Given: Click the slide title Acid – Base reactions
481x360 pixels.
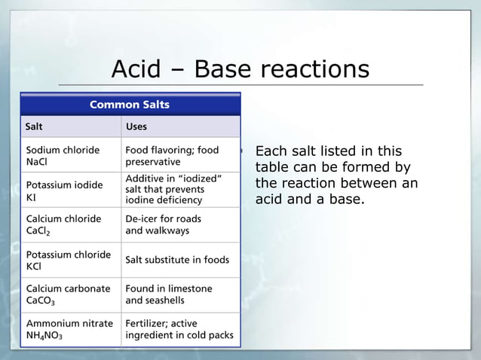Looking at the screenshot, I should pos(240,69).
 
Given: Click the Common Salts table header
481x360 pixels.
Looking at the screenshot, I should pos(130,105).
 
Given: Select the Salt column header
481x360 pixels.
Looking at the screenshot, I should pos(35,127).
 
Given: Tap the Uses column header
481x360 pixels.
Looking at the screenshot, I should pos(136,127).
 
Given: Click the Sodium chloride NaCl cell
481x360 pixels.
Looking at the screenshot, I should pos(63,156).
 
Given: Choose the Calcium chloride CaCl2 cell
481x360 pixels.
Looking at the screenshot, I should pos(63,225).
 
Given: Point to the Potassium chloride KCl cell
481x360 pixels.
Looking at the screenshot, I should pos(68,260).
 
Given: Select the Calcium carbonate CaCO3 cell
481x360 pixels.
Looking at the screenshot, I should pos(68,294).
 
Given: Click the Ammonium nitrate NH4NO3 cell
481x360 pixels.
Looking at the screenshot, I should pos(69,329).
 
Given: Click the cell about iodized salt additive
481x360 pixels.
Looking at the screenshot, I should pos(173,189).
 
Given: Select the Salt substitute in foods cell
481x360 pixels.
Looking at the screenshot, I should pos(177,260).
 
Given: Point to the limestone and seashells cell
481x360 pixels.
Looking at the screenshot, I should pos(169,294).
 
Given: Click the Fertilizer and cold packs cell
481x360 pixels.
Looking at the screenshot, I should pos(179,329).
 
